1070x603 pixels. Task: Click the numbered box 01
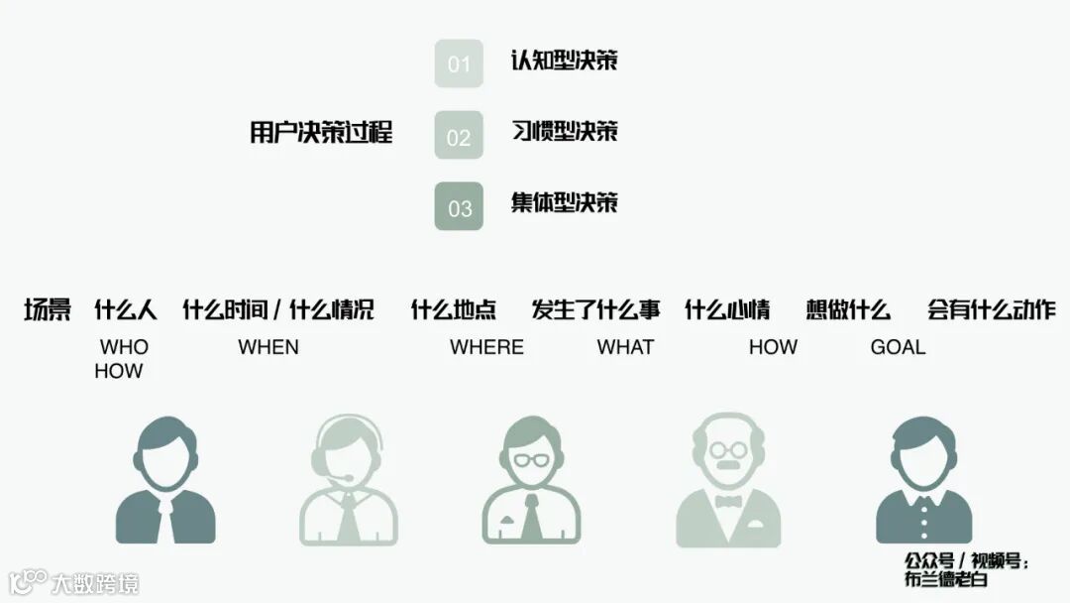tap(459, 63)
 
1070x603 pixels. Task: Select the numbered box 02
tap(459, 135)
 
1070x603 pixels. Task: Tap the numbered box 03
tap(459, 206)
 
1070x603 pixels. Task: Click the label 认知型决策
tap(564, 60)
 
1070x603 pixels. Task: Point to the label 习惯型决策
tap(564, 131)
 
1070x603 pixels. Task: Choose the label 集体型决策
tap(564, 202)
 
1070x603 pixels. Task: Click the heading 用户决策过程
tap(321, 133)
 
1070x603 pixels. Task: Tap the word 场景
tap(48, 310)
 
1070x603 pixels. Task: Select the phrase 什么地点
tap(454, 310)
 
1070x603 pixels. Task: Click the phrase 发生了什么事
tap(595, 310)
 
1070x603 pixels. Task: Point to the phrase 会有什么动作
tap(992, 310)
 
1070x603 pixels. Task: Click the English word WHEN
tap(268, 347)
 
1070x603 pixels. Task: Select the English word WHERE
tap(486, 347)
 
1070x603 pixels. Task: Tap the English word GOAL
tap(898, 347)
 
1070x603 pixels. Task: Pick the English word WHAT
tap(625, 347)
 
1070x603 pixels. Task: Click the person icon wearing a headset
tap(349, 480)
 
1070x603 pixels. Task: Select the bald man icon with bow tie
tap(728, 480)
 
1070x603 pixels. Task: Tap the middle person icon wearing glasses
tap(531, 480)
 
